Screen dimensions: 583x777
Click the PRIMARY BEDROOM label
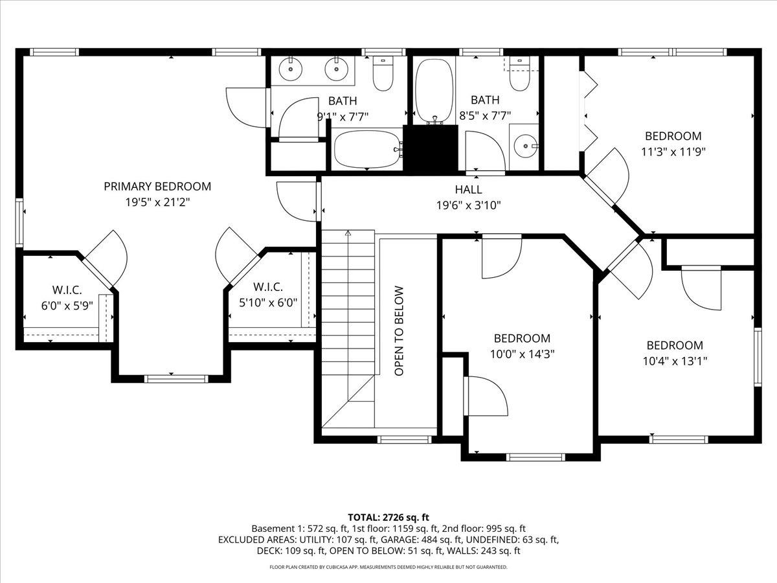(157, 187)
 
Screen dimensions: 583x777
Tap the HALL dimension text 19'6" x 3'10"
(468, 205)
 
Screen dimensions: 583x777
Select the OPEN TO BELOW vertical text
(400, 331)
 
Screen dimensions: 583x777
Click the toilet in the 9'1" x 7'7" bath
(383, 74)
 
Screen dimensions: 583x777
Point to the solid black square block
(431, 148)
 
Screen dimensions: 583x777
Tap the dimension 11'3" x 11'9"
(673, 152)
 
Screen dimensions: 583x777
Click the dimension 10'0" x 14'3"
(522, 354)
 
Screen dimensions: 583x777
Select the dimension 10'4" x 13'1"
(674, 361)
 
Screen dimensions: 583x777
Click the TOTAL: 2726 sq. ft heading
(388, 517)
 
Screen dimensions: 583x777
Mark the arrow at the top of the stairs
(348, 233)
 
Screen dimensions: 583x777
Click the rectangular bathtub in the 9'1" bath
(366, 150)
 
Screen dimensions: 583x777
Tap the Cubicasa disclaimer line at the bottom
(388, 567)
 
